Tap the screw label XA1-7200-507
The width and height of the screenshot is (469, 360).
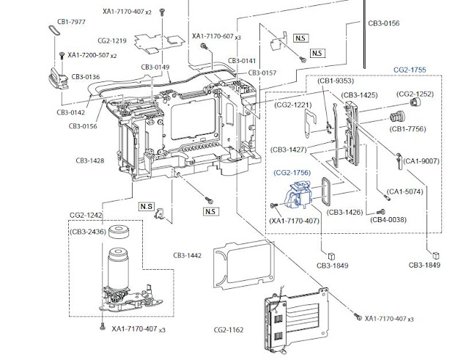coord(88,55)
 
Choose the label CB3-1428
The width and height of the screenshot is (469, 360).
coord(91,159)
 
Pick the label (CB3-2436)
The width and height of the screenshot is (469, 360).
coord(89,231)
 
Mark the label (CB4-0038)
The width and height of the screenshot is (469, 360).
coord(388,219)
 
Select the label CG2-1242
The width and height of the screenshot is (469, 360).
coord(87,216)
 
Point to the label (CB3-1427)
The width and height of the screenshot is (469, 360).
coord(289,149)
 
